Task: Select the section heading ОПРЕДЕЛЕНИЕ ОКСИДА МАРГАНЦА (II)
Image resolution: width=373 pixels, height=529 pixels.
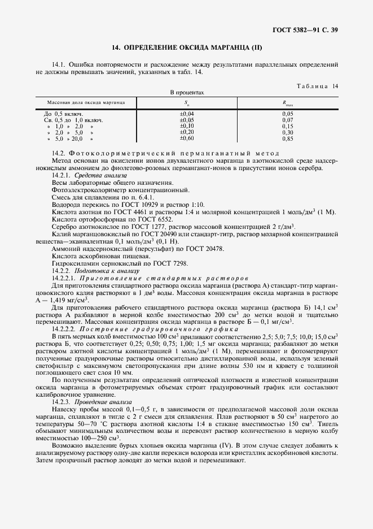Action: pyautogui.click(x=186, y=49)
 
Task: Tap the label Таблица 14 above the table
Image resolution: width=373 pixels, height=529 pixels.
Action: pyautogui.click(x=317, y=85)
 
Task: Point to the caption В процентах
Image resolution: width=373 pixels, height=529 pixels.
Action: pyautogui.click(x=187, y=92)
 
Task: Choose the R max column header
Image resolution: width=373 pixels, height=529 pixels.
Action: pyautogui.click(x=288, y=103)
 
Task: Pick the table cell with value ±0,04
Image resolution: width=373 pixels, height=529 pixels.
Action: pyautogui.click(x=187, y=114)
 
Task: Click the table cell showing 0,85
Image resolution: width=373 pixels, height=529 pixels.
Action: pyautogui.click(x=288, y=138)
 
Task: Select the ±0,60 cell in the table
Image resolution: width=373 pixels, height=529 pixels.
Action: pyautogui.click(x=187, y=138)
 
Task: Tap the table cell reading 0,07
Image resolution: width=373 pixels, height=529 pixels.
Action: pyautogui.click(x=288, y=120)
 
